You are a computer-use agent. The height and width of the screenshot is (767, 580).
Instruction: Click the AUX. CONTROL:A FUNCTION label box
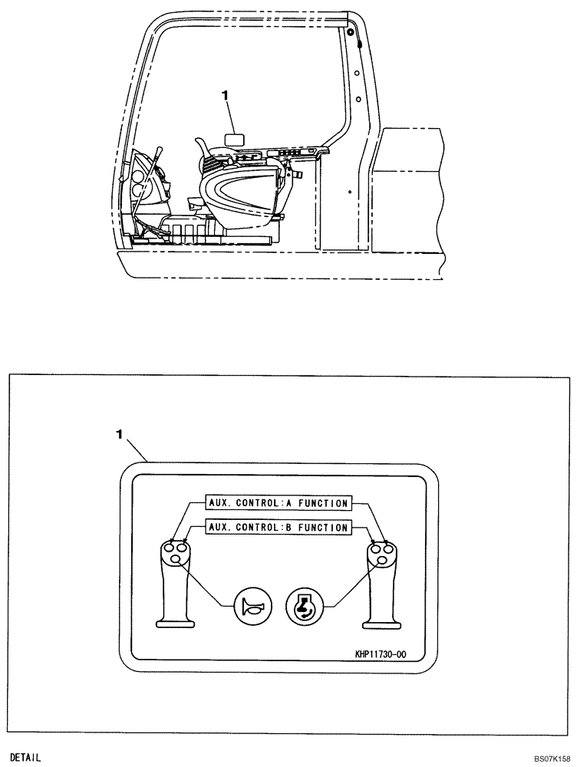278,504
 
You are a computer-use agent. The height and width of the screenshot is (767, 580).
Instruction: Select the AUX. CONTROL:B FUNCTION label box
278,528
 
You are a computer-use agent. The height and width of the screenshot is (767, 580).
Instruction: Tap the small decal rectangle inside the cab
232,139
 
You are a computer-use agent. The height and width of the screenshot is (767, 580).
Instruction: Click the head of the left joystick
175,554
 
